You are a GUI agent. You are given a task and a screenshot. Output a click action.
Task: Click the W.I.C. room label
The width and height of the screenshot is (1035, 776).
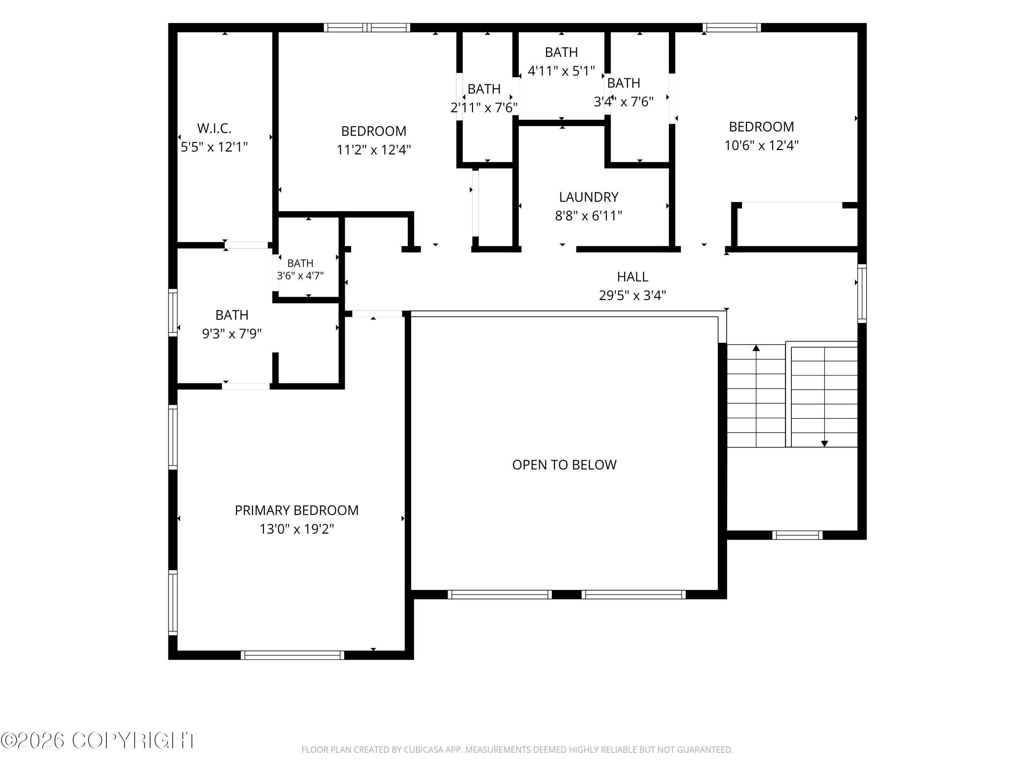point(214,128)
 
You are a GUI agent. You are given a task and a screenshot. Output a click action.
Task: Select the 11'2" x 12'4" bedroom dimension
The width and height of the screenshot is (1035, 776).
point(374,150)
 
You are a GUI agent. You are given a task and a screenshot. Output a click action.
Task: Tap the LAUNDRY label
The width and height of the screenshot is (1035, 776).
point(589,197)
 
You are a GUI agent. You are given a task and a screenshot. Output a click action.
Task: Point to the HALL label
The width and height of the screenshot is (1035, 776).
point(633,277)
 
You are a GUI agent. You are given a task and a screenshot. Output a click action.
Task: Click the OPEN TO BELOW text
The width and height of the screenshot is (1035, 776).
point(564,465)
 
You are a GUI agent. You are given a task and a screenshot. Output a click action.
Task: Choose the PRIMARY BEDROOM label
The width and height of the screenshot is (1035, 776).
point(297,510)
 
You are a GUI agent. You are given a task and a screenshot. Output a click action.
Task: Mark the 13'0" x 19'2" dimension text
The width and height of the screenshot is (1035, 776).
point(297,529)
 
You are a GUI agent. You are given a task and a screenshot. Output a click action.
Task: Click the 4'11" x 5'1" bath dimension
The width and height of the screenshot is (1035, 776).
point(561,71)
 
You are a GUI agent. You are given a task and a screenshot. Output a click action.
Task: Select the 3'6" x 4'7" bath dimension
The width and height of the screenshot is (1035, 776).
point(300,276)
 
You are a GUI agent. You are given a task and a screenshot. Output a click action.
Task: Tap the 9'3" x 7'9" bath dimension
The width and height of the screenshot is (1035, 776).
point(231,334)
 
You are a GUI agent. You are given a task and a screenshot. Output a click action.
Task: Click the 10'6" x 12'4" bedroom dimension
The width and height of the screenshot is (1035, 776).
point(761,146)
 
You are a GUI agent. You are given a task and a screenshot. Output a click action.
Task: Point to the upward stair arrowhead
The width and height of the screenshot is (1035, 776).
point(756,348)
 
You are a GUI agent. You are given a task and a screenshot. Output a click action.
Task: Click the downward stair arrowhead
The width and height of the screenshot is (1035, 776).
point(825,444)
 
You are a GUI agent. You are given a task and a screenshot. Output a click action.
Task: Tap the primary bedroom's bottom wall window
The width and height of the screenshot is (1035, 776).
point(293,655)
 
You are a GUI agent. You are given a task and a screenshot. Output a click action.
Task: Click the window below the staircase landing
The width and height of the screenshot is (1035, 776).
point(797,535)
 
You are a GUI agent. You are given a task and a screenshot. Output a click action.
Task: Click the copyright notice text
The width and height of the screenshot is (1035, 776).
point(99,740)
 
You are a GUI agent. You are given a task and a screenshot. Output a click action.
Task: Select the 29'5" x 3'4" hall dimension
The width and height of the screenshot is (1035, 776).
point(633,296)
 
